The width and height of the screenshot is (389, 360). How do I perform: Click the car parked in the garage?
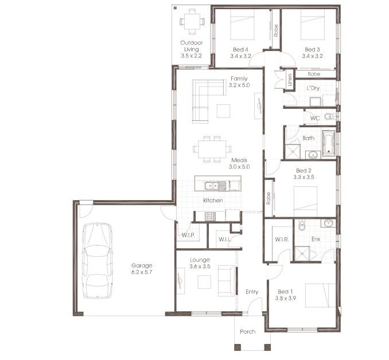point(97,261)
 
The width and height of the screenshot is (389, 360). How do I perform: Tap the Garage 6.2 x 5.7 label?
point(142,269)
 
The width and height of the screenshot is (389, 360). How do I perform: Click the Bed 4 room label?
point(241,52)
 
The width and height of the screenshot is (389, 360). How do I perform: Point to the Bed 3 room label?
point(313,52)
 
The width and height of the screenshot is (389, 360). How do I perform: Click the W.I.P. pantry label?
point(188,234)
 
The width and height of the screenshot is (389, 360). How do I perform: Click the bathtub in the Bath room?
point(328,143)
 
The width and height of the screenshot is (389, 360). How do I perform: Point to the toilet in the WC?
point(329,117)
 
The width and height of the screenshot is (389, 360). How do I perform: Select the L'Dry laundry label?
point(313,88)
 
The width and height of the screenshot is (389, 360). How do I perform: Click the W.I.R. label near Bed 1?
point(281,239)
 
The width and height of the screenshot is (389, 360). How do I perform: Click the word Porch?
point(248,331)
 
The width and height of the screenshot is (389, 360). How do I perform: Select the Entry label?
point(252,292)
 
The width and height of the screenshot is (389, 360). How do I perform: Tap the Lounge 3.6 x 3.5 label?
point(199,263)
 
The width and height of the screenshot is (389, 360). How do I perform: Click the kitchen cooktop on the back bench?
point(209,216)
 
